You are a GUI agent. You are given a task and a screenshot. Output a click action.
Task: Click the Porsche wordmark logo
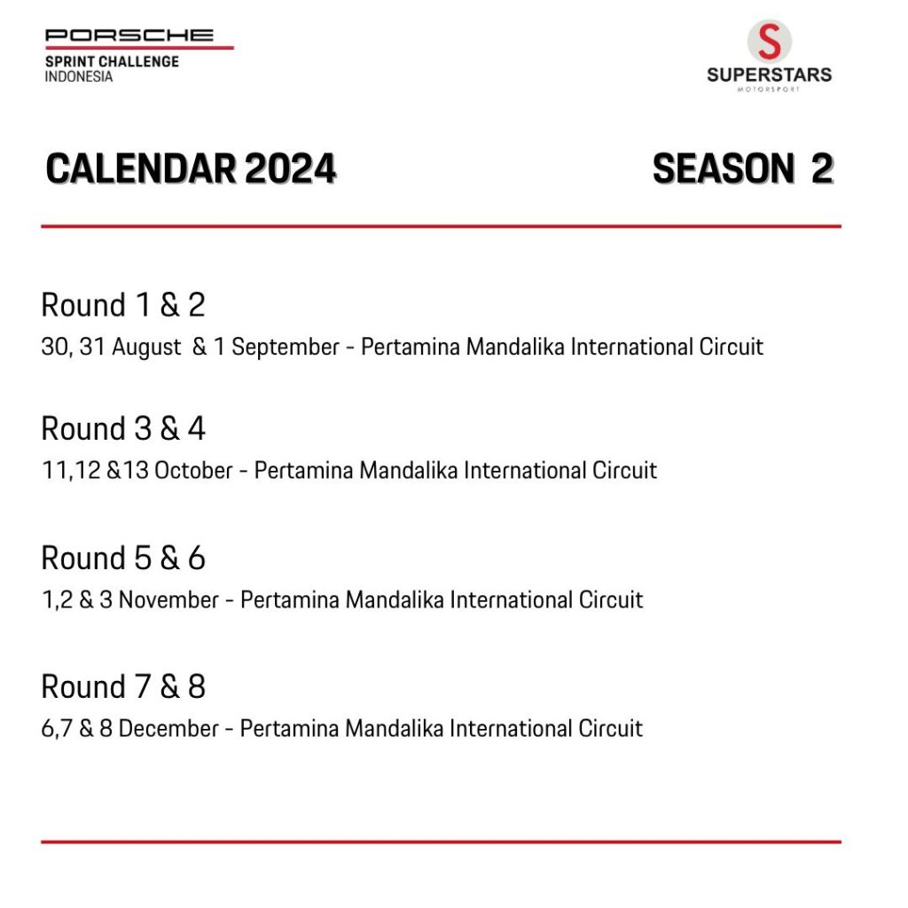129,35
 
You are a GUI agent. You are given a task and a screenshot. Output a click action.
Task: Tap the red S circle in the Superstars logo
769,42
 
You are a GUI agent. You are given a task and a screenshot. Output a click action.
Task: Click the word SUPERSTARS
769,74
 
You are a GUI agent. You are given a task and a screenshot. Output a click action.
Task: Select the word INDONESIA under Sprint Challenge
79,76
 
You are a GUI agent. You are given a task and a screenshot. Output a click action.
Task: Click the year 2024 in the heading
290,169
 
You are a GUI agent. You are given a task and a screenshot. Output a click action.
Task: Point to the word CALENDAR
141,169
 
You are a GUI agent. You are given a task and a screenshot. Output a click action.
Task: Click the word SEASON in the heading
724,169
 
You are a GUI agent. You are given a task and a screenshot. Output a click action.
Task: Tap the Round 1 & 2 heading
123,305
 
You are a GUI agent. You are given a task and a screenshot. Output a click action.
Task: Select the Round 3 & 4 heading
123,428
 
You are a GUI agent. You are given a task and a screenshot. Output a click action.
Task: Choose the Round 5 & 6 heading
123,558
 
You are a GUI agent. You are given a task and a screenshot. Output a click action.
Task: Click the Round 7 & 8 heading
123,686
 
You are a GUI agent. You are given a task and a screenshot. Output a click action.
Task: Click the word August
146,348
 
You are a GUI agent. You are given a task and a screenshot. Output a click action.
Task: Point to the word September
286,348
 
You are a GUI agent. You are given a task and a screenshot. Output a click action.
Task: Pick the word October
193,470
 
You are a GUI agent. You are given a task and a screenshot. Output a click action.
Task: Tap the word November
168,600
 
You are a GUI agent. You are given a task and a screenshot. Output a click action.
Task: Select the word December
168,729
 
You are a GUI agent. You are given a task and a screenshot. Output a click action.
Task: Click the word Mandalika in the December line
395,729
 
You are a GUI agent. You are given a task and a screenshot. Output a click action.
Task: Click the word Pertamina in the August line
411,348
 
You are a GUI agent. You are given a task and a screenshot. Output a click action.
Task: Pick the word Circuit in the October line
624,470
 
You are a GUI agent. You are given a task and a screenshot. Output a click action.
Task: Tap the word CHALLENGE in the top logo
139,61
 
